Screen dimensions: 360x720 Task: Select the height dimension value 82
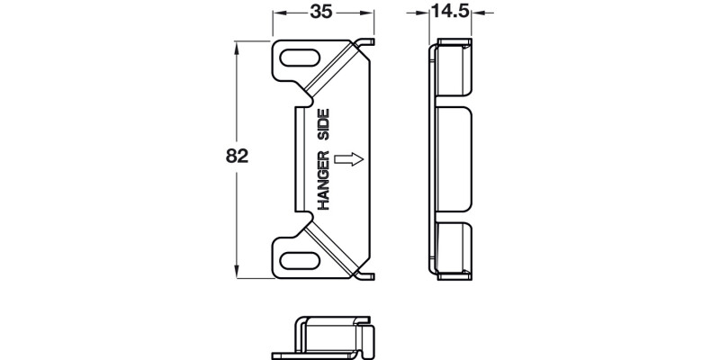tap(236, 155)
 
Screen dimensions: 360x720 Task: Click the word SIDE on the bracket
tap(323, 123)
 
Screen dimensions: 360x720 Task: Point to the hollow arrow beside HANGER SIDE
tap(348, 159)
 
